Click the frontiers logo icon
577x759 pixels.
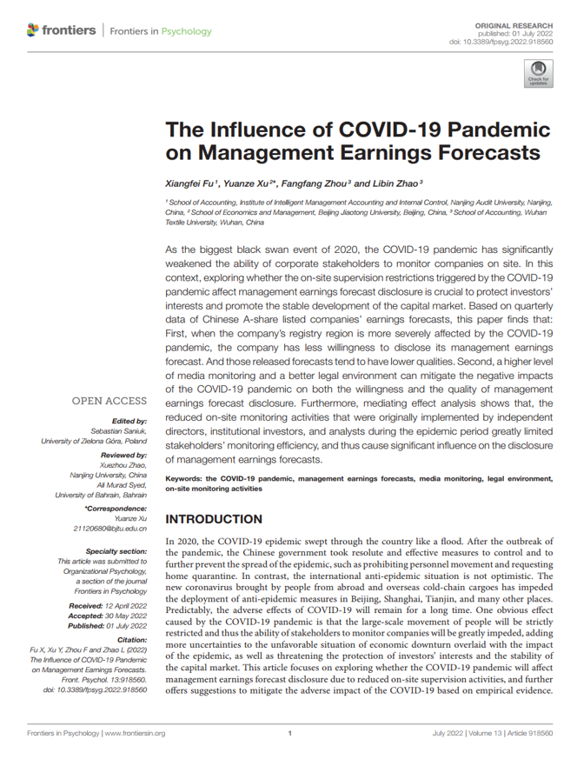tap(33, 30)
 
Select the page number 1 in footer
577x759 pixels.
tap(288, 734)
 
